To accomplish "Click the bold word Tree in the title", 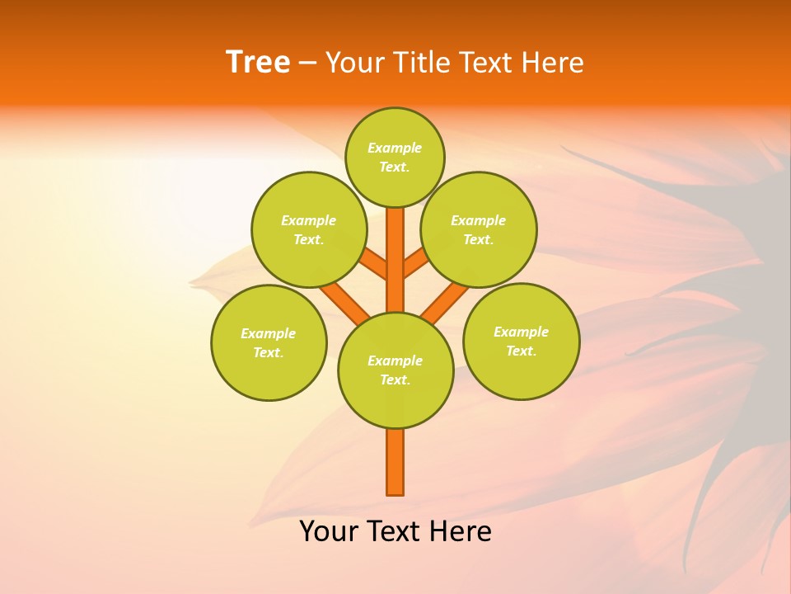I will click(x=258, y=63).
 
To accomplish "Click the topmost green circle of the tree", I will click(x=395, y=157).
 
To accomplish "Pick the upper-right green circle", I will click(x=479, y=229).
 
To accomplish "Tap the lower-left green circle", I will click(x=269, y=342).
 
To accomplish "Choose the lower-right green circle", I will click(x=521, y=341).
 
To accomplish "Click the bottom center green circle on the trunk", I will click(x=395, y=370).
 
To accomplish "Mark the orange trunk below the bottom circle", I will click(x=395, y=462).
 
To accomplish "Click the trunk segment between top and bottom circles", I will click(x=395, y=260).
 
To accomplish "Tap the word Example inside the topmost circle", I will click(x=395, y=148).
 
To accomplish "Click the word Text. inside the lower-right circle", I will click(x=521, y=351).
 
